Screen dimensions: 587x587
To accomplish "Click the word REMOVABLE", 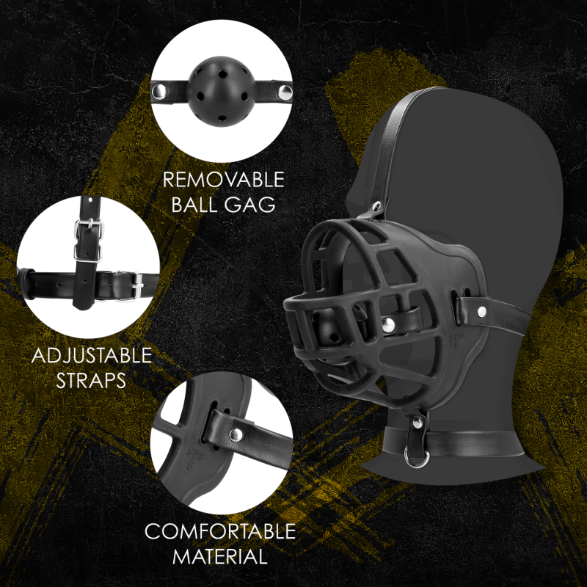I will (223, 180).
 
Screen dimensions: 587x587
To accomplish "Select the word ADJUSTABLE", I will (92, 357).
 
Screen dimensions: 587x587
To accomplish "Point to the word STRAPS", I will (92, 382).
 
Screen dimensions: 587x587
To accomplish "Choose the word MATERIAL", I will (220, 556).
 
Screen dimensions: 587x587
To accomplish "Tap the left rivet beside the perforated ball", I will (158, 91).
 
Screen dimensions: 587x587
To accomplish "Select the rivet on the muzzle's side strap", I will (481, 313).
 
